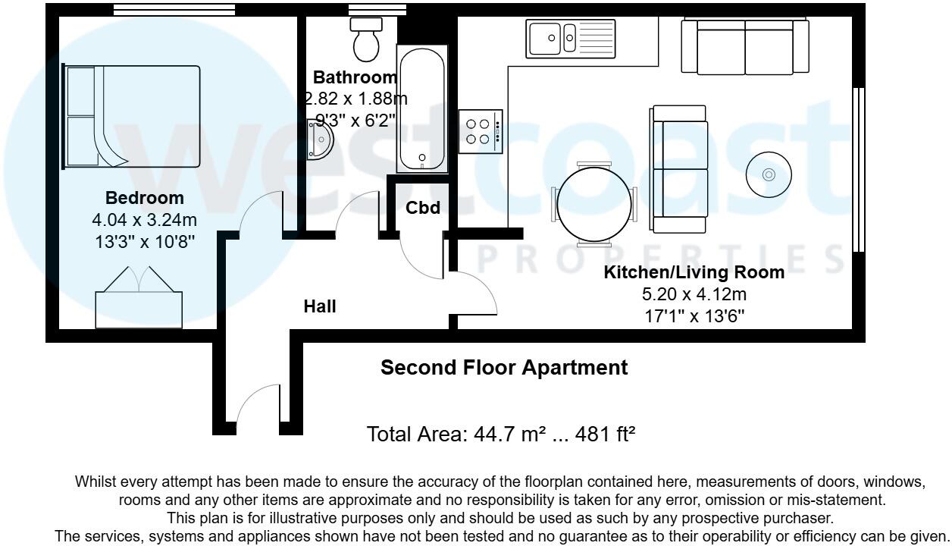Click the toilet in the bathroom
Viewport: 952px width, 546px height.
pos(366,39)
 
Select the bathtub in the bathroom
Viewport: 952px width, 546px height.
pos(422,110)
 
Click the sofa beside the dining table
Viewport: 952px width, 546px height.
pos(678,169)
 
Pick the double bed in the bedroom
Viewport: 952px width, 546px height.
pos(133,116)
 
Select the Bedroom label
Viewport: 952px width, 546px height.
pos(144,198)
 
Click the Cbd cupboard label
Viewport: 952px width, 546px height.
pos(422,208)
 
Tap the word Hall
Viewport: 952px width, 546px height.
pos(320,307)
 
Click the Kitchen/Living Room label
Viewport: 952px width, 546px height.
pos(694,273)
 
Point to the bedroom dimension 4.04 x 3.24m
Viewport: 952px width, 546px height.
pos(144,221)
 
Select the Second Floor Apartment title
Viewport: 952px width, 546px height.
pos(503,368)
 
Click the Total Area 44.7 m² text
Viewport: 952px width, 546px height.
pos(500,435)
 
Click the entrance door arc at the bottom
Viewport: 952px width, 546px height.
pos(256,409)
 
